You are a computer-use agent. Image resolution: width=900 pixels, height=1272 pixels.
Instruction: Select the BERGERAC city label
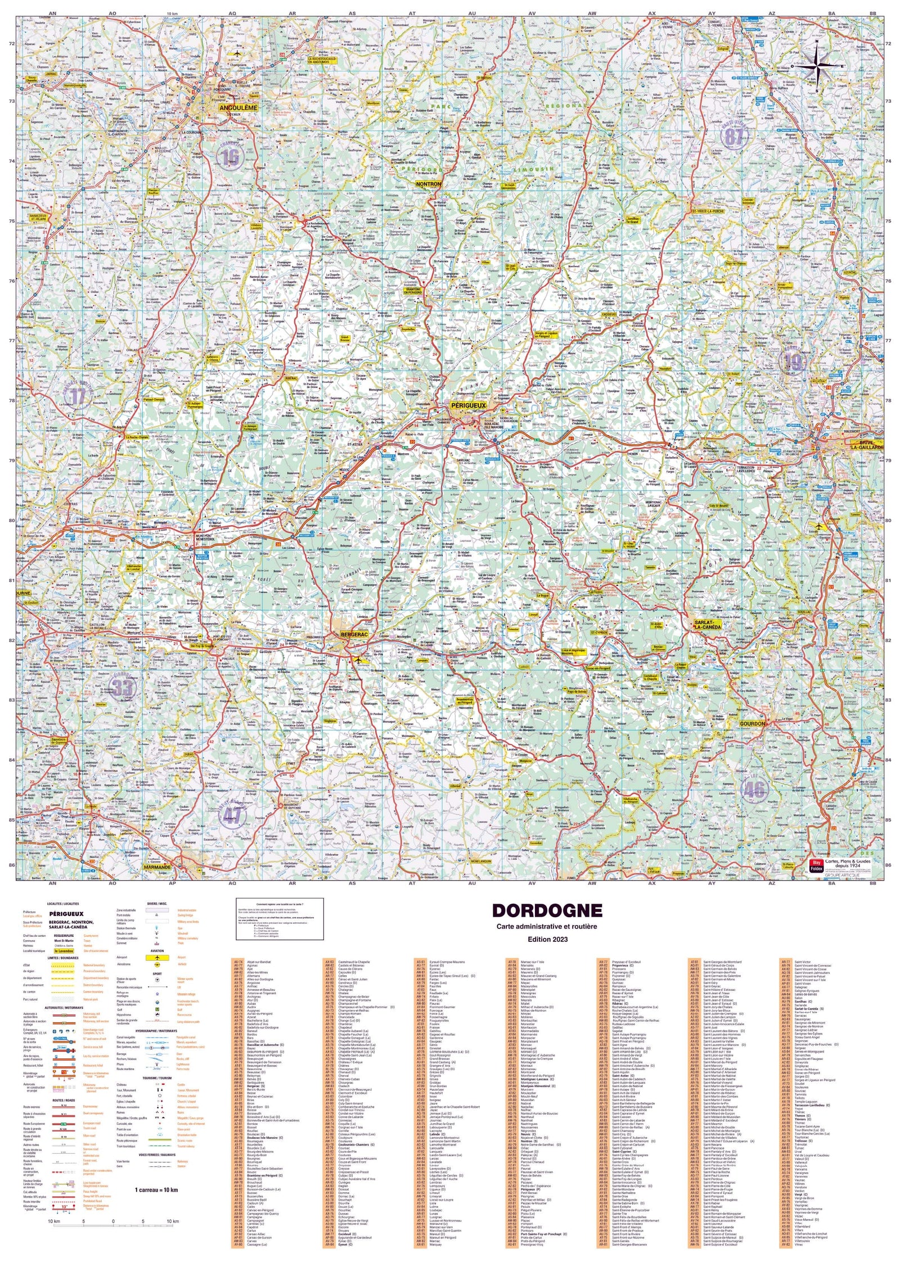coord(354,634)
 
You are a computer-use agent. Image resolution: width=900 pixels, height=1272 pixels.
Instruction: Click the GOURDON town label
coord(752,724)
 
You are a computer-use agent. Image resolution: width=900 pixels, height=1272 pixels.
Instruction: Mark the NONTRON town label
coord(428,184)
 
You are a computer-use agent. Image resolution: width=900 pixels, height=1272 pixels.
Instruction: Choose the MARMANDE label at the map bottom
coord(157,867)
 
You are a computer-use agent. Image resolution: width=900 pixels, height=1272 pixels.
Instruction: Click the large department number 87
coord(734,136)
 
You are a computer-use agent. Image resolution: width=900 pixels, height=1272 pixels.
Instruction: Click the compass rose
coord(817,66)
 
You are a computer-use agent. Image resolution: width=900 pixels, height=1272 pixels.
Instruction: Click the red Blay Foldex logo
coord(816,865)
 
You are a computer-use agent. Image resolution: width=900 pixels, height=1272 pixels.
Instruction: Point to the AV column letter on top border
coord(532,12)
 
